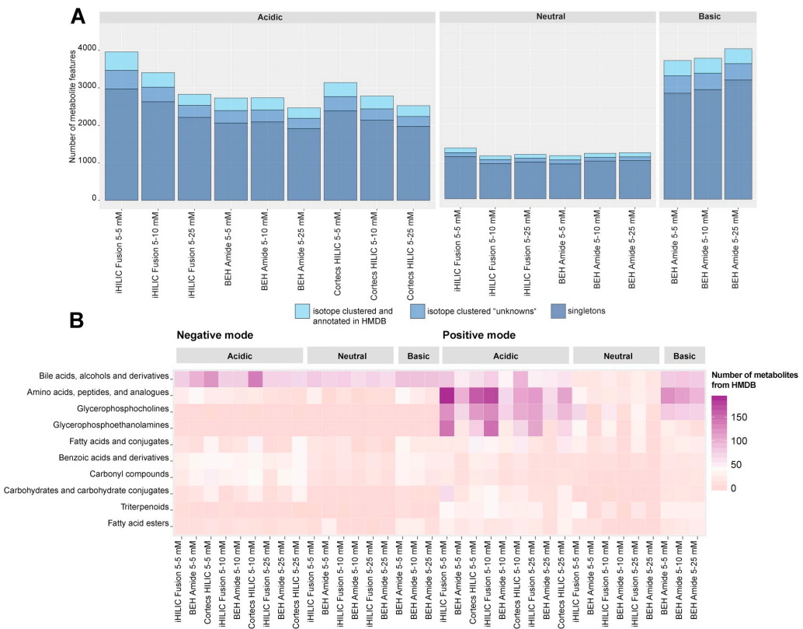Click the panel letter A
tap(78, 16)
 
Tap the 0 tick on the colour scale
tap(734, 487)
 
